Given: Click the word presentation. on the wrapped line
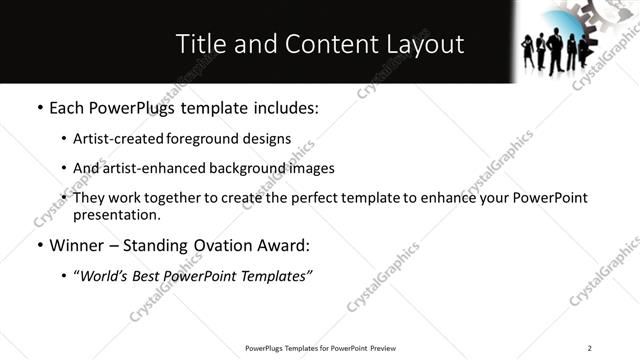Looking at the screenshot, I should [116, 214].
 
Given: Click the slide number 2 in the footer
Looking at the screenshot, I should [589, 348].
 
